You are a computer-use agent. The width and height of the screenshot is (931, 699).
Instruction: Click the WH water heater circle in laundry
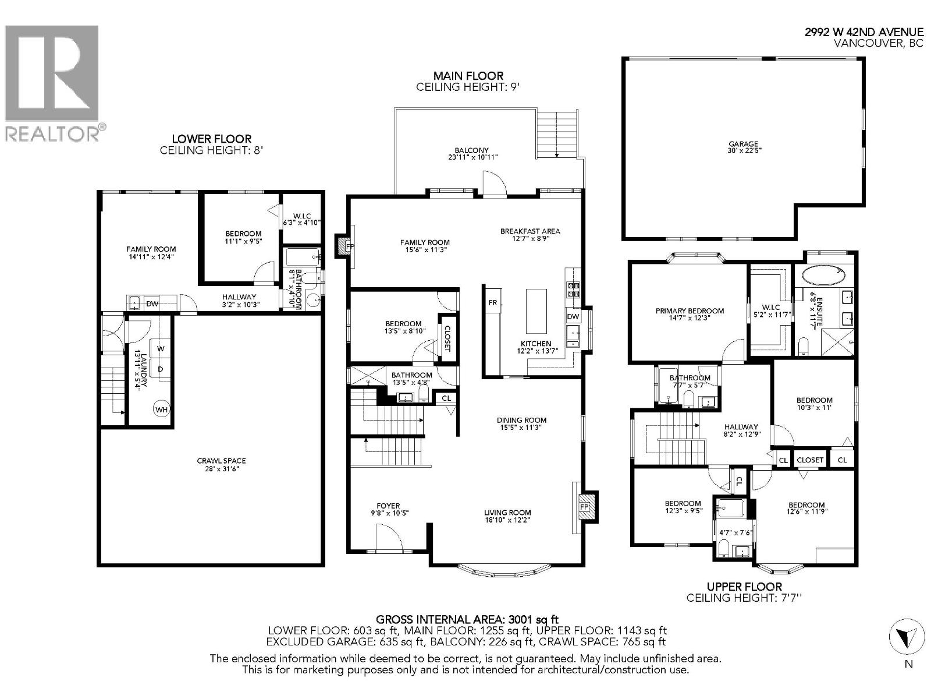[161, 409]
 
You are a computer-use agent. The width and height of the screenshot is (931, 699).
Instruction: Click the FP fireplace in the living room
[585, 506]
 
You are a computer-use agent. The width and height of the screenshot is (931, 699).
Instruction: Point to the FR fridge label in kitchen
[493, 302]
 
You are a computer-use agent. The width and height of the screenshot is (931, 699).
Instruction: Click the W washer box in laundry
[161, 348]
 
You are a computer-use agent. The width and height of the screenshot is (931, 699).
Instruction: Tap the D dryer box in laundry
[161, 369]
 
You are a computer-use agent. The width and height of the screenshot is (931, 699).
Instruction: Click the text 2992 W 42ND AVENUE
[864, 33]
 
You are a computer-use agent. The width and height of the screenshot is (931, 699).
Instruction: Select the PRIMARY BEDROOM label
[690, 310]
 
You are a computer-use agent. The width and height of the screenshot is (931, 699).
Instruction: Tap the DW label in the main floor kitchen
[573, 316]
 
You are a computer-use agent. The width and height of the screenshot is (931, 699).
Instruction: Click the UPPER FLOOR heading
[744, 587]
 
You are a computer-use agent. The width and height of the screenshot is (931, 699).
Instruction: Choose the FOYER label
[388, 506]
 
